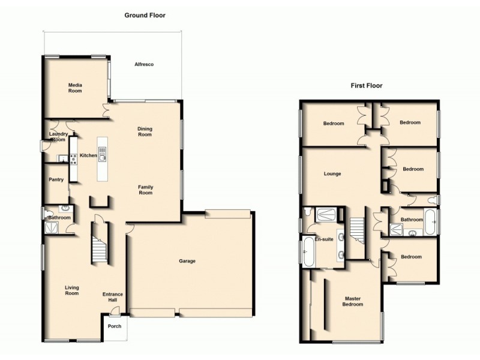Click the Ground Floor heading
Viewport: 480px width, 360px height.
pyautogui.click(x=145, y=16)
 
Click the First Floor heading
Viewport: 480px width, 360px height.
pyautogui.click(x=367, y=86)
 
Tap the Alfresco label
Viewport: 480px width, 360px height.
pyautogui.click(x=145, y=64)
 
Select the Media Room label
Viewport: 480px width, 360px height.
pyautogui.click(x=74, y=88)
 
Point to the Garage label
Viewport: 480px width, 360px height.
pyautogui.click(x=188, y=261)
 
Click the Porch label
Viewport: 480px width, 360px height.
pyautogui.click(x=114, y=326)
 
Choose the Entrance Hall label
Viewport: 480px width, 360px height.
pyautogui.click(x=113, y=297)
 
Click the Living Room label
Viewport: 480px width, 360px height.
pyautogui.click(x=72, y=291)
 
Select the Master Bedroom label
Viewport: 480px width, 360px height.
pyautogui.click(x=353, y=301)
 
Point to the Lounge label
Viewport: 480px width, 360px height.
pyautogui.click(x=332, y=174)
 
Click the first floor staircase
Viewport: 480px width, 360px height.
pyautogui.click(x=357, y=230)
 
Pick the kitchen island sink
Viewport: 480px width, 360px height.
pyautogui.click(x=103, y=158)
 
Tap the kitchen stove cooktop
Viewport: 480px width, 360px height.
pyautogui.click(x=74, y=159)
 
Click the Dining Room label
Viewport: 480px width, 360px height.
pyautogui.click(x=145, y=131)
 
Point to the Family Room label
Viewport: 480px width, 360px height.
pyautogui.click(x=145, y=190)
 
